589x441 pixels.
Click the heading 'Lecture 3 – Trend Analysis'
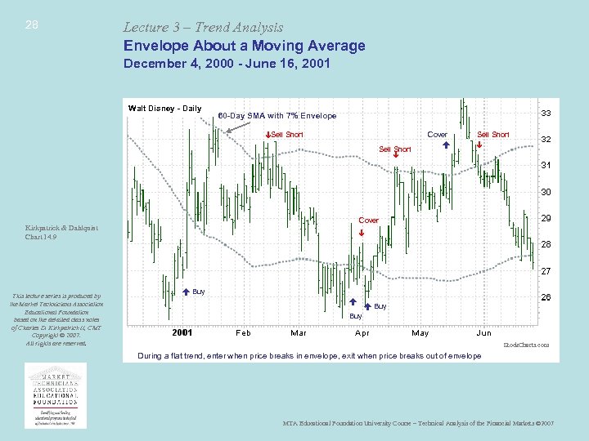[203, 27]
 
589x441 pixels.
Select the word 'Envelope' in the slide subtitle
[154, 46]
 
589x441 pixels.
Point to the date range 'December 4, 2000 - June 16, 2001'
[227, 64]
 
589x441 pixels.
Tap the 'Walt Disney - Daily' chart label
[164, 109]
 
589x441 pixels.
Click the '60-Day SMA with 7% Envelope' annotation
[277, 116]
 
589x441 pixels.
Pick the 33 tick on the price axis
[545, 114]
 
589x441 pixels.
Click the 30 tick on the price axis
[545, 193]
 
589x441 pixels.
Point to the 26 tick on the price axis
[545, 297]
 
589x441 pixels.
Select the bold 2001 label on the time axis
[182, 333]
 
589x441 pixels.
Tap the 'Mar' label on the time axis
[299, 333]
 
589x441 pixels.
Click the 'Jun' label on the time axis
[483, 333]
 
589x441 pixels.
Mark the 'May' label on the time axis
[420, 333]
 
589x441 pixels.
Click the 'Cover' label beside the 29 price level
[369, 220]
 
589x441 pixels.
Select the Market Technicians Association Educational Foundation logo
[61, 394]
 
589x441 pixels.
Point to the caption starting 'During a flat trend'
[309, 356]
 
